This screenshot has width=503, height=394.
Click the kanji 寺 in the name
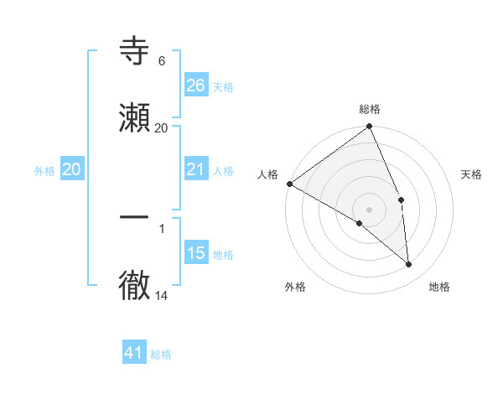[135, 51]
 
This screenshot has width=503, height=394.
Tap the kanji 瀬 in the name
[135, 118]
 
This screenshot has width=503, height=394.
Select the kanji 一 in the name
[135, 217]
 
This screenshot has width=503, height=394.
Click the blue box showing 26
[195, 85]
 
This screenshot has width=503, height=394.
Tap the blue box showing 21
[195, 169]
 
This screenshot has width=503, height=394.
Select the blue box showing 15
[195, 253]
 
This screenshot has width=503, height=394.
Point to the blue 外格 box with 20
[72, 169]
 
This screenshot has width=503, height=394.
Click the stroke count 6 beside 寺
[161, 61]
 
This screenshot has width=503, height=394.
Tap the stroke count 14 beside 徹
[162, 296]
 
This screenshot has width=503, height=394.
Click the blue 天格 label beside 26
[223, 86]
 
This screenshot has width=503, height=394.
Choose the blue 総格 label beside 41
[161, 355]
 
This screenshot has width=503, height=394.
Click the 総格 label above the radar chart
[370, 109]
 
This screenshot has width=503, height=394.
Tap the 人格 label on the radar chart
[267, 174]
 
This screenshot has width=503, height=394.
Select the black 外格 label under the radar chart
[295, 287]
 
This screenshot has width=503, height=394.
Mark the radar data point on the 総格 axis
[370, 127]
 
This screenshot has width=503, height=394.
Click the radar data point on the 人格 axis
[289, 184]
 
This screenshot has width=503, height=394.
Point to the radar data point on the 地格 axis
[409, 265]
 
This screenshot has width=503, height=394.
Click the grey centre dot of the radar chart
[370, 209]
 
